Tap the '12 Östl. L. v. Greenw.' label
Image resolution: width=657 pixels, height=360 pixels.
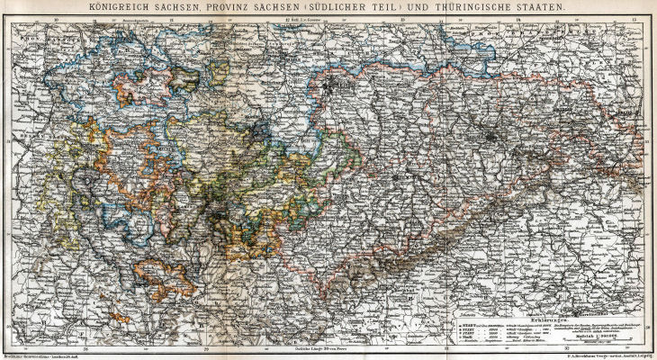[304, 18]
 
